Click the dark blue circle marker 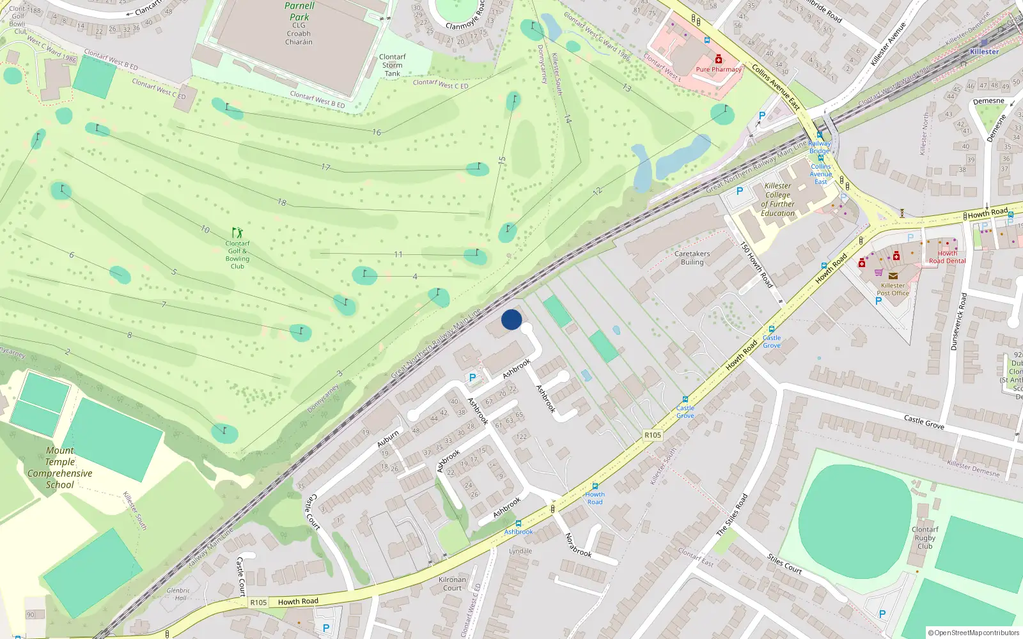click(x=511, y=319)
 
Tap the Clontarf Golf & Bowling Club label click(x=237, y=254)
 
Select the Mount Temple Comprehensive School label click(x=59, y=468)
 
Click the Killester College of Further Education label click(x=777, y=199)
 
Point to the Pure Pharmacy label click(x=719, y=69)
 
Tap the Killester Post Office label click(x=893, y=289)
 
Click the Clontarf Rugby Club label click(x=925, y=537)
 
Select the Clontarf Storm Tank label click(x=393, y=65)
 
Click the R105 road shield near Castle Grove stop click(x=653, y=435)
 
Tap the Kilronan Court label click(x=452, y=584)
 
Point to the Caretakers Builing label click(x=692, y=258)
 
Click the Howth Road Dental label click(x=947, y=257)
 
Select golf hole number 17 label click(x=326, y=167)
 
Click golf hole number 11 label click(x=398, y=254)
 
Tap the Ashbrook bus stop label click(x=518, y=532)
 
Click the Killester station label click(x=984, y=52)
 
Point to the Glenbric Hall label click(x=178, y=594)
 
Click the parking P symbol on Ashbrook click(x=472, y=378)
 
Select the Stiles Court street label click(x=785, y=564)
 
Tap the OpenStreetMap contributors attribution click(x=973, y=633)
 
